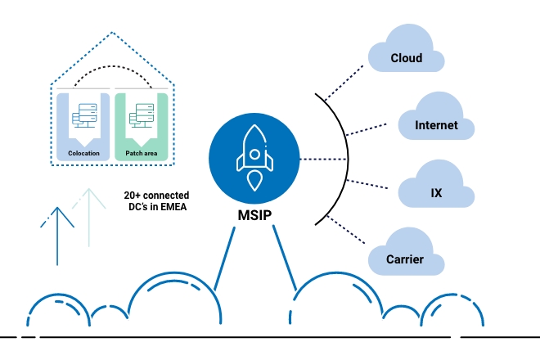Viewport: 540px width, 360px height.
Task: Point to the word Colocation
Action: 83,153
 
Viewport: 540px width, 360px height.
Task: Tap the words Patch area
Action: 141,153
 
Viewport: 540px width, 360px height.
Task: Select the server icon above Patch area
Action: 141,117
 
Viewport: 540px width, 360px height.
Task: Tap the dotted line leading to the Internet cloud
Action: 368,132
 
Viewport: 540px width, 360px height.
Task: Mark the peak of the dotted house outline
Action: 112,33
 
